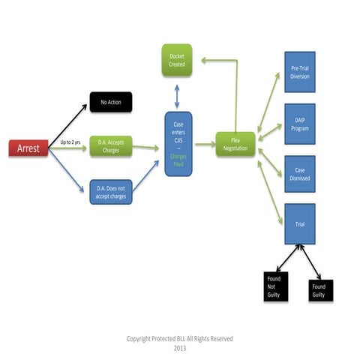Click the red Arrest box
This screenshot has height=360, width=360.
[29, 148]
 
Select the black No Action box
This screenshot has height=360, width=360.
[110, 102]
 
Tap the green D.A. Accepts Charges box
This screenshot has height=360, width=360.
[110, 145]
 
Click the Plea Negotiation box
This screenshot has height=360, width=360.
[235, 145]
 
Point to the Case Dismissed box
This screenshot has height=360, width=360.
[299, 174]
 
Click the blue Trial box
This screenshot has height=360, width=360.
[299, 223]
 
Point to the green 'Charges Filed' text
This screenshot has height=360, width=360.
[178, 160]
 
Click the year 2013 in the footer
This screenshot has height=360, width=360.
[179, 348]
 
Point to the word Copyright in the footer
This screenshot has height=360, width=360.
[140, 339]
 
